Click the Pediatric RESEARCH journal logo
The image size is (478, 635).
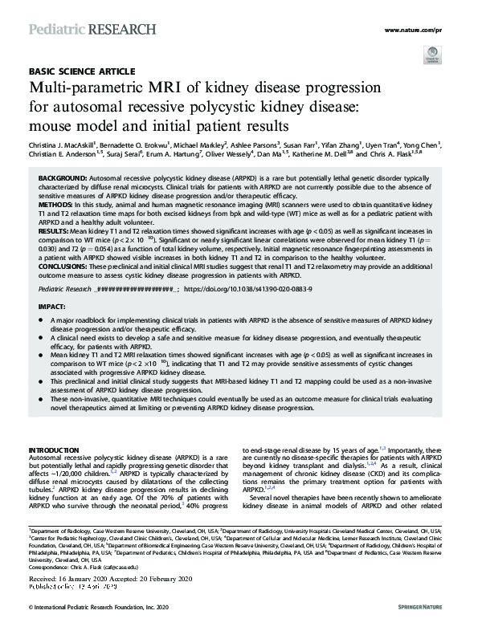tap(92, 30)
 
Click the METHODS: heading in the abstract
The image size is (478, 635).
tap(56, 206)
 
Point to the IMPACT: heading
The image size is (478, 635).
tap(53, 307)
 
